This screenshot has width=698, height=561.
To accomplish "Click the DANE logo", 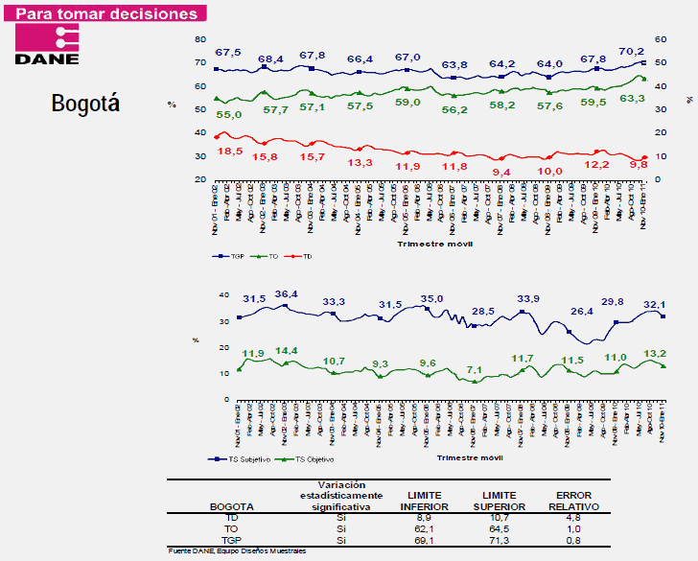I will tap(48, 46).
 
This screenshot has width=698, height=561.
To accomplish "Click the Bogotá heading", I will tap(85, 104).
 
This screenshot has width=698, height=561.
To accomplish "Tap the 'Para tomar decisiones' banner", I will tap(109, 14).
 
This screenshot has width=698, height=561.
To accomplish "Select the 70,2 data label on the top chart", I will tap(631, 51).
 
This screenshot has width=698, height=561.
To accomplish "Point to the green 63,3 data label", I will tap(632, 98).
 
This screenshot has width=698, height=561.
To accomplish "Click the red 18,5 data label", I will tap(229, 152).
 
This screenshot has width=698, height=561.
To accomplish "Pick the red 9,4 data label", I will tap(501, 172).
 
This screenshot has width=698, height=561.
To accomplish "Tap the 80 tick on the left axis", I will tap(199, 39).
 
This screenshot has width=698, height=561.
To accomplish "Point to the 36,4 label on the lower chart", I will tap(288, 294).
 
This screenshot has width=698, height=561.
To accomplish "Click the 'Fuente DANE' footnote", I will tap(234, 550).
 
